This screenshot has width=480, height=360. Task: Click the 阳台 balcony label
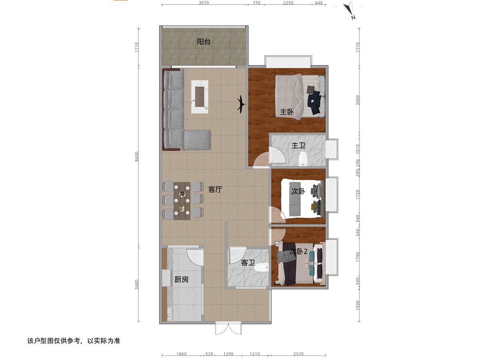[203, 42]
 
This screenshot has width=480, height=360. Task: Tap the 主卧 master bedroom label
[287, 112]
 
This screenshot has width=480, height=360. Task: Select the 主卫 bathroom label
[298, 145]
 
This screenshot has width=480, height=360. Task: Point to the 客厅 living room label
[215, 189]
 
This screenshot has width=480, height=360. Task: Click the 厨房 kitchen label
[181, 279]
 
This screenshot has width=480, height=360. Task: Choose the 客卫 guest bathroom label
[248, 262]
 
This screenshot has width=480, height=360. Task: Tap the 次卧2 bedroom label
[298, 252]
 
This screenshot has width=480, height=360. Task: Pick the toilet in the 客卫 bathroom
[261, 267]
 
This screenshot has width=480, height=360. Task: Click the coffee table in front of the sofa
[200, 97]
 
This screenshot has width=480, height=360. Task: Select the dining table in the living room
[182, 201]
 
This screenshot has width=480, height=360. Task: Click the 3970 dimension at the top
[204, 3]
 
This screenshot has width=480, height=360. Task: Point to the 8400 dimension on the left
[137, 156]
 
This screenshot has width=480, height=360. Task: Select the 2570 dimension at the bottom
[298, 354]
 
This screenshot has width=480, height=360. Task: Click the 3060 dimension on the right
[358, 100]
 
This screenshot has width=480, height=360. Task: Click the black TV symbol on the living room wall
[241, 104]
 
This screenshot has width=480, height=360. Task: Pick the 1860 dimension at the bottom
[182, 354]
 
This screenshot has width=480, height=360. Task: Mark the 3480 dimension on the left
[137, 284]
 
